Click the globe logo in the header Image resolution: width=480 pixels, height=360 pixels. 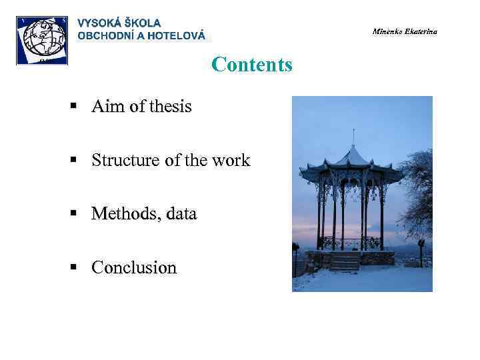tap(42, 40)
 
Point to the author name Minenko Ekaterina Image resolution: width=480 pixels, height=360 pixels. tap(405, 32)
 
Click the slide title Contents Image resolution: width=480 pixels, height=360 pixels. tap(251, 65)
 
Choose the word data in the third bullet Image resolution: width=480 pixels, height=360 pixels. tap(179, 214)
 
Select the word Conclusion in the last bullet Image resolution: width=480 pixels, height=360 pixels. tap(134, 268)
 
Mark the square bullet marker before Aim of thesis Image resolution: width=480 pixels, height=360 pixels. tap(77, 107)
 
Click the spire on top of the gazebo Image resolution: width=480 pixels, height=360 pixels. tap(353, 137)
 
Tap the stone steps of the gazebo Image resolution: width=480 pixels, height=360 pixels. tap(345, 262)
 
